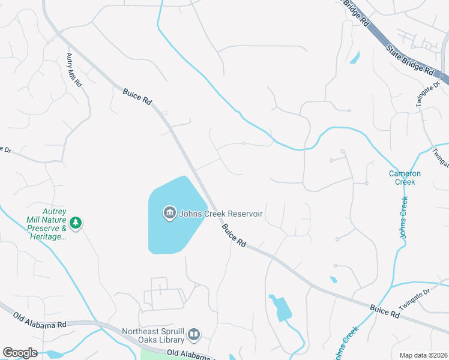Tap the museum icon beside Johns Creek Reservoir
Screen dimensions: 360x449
coord(169,213)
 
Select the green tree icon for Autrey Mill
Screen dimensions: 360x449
coord(75,223)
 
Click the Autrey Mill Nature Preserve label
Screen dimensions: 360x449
coord(46,224)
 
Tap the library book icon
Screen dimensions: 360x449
coord(194,334)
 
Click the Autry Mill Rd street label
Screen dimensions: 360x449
coord(74,70)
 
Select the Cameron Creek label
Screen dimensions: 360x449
coord(405,178)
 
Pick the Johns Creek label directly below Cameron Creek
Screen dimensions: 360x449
coord(404,217)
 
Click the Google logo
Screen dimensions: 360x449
coord(20,353)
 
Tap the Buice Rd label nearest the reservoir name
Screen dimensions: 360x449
coord(234,236)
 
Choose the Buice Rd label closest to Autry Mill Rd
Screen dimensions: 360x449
coord(137,97)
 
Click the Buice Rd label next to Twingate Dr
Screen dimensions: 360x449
coord(385,310)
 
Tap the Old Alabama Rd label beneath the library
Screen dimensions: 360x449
coord(190,355)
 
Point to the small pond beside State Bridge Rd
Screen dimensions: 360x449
coord(355,58)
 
